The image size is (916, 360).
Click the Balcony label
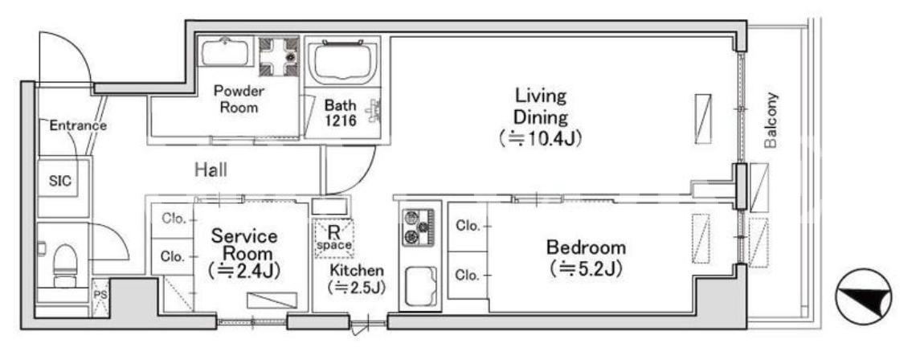(x=771, y=120)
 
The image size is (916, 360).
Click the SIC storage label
(x=60, y=181)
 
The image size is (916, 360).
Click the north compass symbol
(x=863, y=297)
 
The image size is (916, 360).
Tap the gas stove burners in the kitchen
(x=419, y=227)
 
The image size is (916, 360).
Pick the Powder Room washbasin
(x=225, y=52)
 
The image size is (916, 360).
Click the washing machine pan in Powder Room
(x=279, y=57)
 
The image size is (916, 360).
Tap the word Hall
(x=211, y=170)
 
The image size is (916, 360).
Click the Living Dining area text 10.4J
(x=541, y=139)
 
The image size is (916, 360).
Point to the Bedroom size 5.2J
(x=585, y=269)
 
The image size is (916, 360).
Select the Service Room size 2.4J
(x=244, y=271)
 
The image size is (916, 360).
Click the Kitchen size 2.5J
(x=356, y=288)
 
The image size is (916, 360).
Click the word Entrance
(x=78, y=125)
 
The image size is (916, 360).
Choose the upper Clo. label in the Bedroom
(x=468, y=226)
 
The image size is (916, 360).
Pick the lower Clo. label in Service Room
(x=173, y=256)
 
